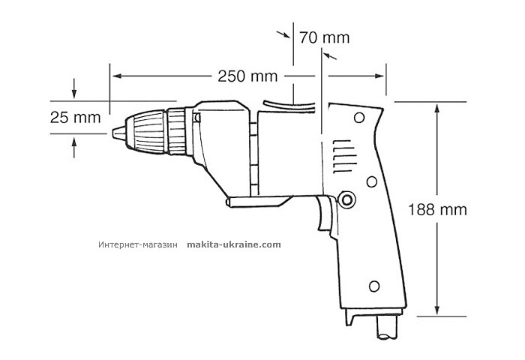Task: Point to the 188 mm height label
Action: (441, 209)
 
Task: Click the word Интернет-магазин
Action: (136, 244)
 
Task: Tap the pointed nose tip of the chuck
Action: (115, 133)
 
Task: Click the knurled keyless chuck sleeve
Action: (152, 132)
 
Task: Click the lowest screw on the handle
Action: (374, 286)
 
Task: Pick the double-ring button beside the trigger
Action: (345, 198)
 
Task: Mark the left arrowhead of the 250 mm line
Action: (115, 76)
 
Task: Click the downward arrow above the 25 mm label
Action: (74, 94)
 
